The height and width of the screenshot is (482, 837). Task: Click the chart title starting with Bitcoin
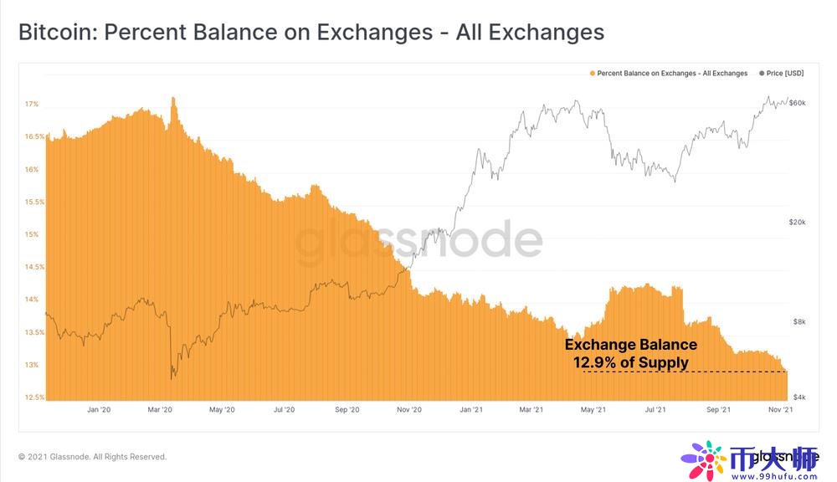pos(311,33)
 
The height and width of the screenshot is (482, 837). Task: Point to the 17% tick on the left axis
pos(32,105)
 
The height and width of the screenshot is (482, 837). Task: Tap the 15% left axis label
pos(32,234)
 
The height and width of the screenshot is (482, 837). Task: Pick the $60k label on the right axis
pos(798,102)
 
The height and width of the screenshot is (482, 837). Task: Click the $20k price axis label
pos(798,223)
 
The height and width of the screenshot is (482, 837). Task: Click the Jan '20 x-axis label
pos(99,409)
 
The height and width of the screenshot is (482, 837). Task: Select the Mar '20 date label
pos(160,409)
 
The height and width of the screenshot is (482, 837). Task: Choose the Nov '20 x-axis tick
pos(408,409)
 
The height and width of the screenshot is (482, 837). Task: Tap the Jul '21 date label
pos(655,409)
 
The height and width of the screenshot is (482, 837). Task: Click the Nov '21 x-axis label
pos(780,409)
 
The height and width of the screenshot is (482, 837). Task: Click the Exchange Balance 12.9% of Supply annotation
pos(630,353)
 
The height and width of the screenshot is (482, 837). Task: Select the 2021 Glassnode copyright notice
pos(92,457)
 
